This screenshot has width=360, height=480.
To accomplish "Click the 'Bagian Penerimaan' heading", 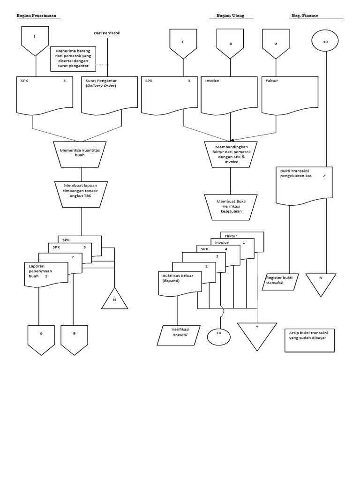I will click(36, 15).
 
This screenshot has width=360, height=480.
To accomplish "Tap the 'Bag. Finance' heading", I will click(305, 15).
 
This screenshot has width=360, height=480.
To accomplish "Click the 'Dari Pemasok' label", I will click(108, 33).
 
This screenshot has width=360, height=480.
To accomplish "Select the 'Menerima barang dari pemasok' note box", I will click(73, 59).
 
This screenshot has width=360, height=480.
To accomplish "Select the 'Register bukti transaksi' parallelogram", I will click(280, 281).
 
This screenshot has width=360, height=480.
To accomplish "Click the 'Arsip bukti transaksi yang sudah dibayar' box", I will click(309, 340).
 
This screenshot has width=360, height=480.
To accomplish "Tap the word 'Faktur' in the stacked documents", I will click(231, 236).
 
